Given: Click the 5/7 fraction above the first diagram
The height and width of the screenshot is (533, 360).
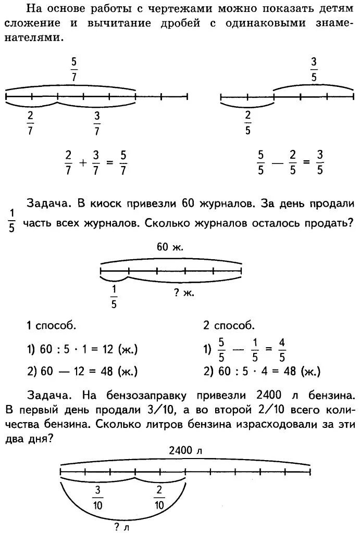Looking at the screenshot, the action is [x=74, y=69].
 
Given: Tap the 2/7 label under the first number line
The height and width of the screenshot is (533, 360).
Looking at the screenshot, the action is [x=30, y=122].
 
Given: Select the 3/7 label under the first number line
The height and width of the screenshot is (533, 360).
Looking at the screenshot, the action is [x=97, y=122].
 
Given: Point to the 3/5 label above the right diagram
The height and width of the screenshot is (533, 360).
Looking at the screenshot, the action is [x=314, y=69].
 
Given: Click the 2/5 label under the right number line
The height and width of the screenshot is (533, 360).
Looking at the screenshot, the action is [x=247, y=122].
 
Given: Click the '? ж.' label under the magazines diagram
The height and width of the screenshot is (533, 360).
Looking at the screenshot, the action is [x=184, y=293].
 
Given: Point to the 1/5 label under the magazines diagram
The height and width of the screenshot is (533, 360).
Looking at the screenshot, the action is [x=114, y=296].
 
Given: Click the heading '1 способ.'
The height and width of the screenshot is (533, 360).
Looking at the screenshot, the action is [x=52, y=326].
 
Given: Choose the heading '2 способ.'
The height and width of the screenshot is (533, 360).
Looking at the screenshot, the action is [x=229, y=326].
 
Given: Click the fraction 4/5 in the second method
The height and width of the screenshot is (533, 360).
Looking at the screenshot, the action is [x=282, y=350].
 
